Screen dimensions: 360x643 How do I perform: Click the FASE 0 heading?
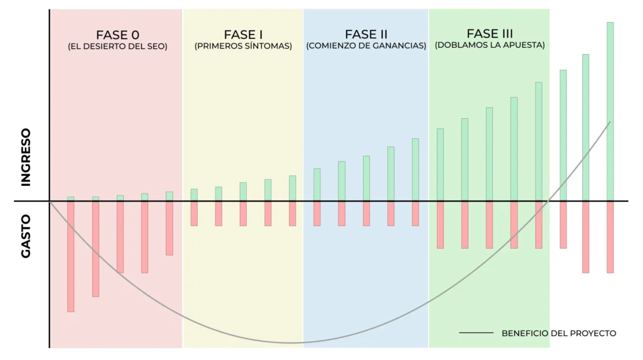(117, 35)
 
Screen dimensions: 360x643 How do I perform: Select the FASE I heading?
(243, 35)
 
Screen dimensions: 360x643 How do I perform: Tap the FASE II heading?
(366, 34)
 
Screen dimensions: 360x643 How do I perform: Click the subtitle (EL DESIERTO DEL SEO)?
(117, 46)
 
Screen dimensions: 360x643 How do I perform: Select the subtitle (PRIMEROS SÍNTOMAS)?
(243, 46)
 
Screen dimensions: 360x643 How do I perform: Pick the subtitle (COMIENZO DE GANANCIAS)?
(366, 46)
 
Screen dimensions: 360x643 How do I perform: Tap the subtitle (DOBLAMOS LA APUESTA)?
(489, 45)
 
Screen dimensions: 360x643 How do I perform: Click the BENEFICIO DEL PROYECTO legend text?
(559, 333)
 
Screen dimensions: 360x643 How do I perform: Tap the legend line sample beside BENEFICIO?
(476, 333)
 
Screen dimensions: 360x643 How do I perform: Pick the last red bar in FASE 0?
(170, 228)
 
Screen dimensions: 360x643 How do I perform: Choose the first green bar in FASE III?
(440, 165)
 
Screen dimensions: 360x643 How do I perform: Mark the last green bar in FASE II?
(415, 170)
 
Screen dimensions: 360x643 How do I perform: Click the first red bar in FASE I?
(194, 214)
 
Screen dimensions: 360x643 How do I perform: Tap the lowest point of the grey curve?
(291, 343)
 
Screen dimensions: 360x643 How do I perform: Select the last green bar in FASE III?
(539, 141)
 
